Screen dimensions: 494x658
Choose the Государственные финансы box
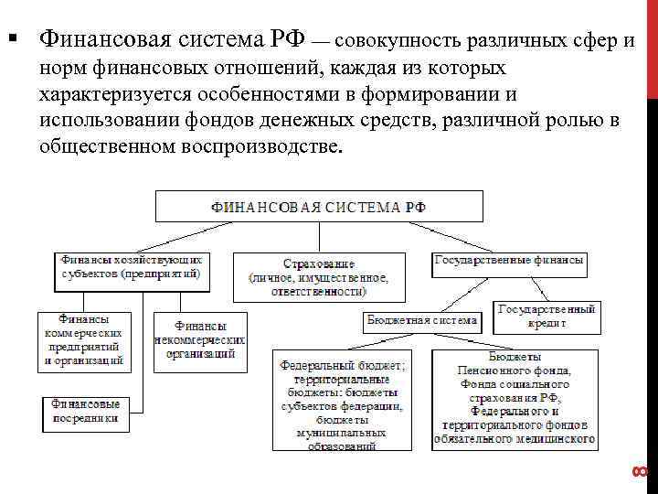(509, 261)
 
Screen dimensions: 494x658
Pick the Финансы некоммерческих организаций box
(200, 341)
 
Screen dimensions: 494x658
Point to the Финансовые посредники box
(85, 412)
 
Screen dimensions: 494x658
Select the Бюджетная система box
(421, 320)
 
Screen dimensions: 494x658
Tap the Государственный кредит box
(547, 316)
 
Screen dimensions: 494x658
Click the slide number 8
(639, 472)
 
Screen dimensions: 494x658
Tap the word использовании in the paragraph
(112, 121)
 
